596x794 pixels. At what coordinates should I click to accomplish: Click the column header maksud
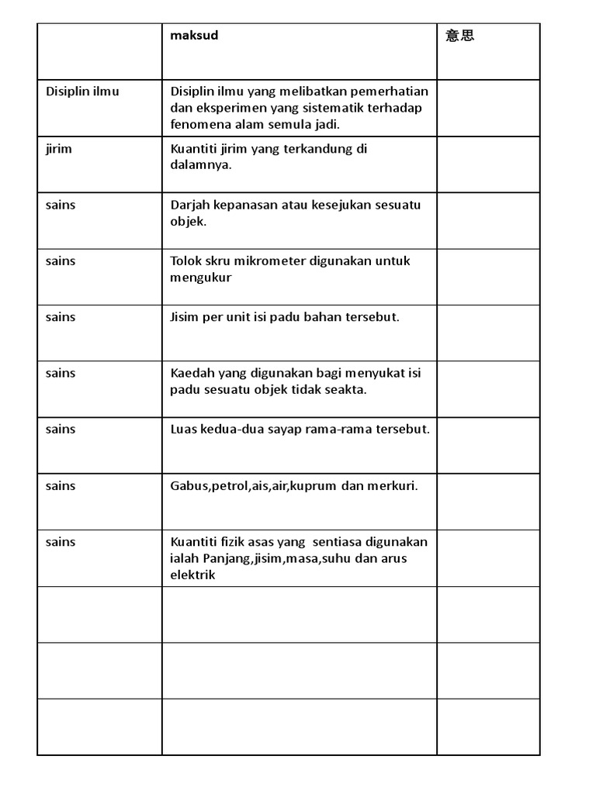point(194,36)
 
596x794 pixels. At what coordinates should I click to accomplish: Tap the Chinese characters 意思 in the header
point(460,36)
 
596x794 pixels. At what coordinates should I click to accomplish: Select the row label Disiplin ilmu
point(82,91)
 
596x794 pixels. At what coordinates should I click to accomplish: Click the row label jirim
point(58,148)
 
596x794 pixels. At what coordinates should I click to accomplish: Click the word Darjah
point(190,205)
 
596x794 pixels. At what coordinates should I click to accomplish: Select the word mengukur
point(201,278)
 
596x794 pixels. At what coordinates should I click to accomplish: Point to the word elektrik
point(193,575)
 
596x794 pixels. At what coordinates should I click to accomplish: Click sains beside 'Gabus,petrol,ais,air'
point(61,485)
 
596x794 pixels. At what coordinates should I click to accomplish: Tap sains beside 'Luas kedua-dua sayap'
point(61,429)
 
